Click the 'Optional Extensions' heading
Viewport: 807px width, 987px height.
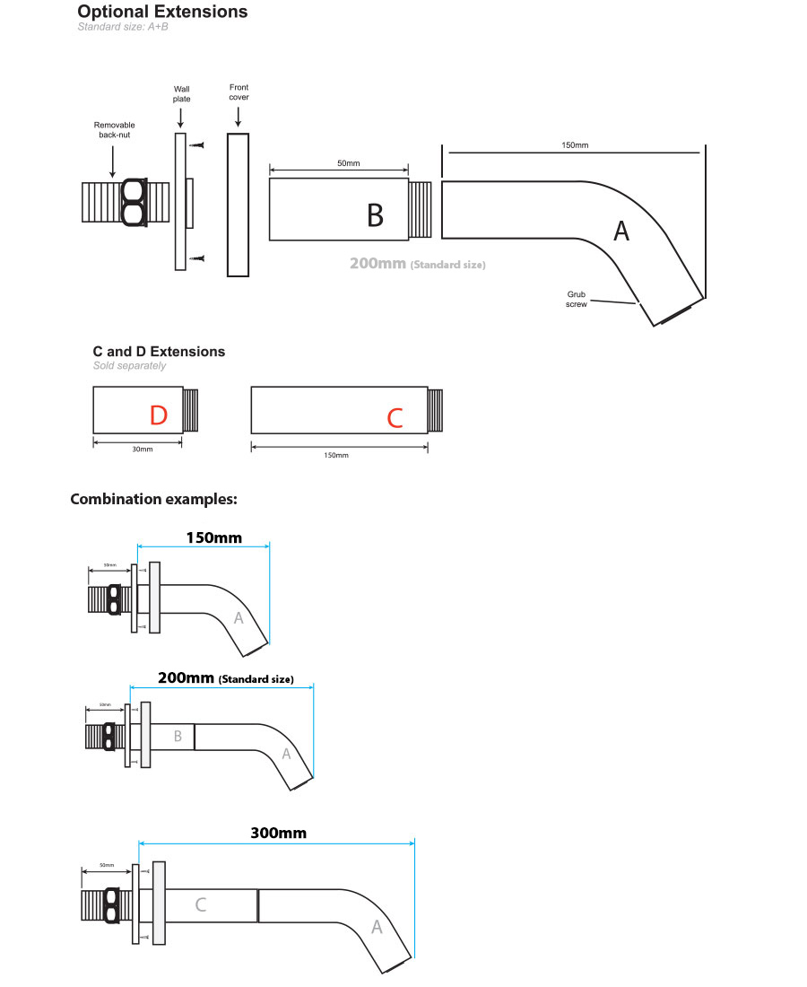pyautogui.click(x=162, y=12)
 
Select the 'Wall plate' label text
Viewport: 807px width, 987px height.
pyautogui.click(x=182, y=93)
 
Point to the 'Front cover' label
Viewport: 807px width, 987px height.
pyautogui.click(x=239, y=92)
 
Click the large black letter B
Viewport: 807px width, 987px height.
pyautogui.click(x=375, y=214)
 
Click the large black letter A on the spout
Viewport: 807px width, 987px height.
pyautogui.click(x=620, y=231)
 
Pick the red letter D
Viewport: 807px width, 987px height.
pyautogui.click(x=158, y=415)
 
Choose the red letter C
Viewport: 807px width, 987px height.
pyautogui.click(x=395, y=417)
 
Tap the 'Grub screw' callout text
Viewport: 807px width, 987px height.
pyautogui.click(x=576, y=299)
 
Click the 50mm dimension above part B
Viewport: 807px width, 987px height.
pyautogui.click(x=348, y=162)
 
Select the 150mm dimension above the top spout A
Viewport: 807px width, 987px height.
pyautogui.click(x=575, y=144)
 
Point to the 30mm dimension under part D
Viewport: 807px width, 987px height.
pyautogui.click(x=143, y=449)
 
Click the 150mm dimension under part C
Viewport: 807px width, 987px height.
pyautogui.click(x=335, y=455)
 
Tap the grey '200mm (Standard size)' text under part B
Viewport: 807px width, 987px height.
pyautogui.click(x=418, y=265)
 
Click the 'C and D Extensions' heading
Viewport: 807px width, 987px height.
pyautogui.click(x=159, y=352)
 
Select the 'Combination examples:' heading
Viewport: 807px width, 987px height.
pyautogui.click(x=153, y=499)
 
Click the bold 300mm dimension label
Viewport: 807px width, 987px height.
pyautogui.click(x=278, y=833)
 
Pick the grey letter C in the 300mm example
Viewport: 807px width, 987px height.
pyautogui.click(x=200, y=904)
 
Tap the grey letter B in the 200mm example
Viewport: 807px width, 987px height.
pyautogui.click(x=178, y=736)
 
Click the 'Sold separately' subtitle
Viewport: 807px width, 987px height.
pyautogui.click(x=129, y=366)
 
